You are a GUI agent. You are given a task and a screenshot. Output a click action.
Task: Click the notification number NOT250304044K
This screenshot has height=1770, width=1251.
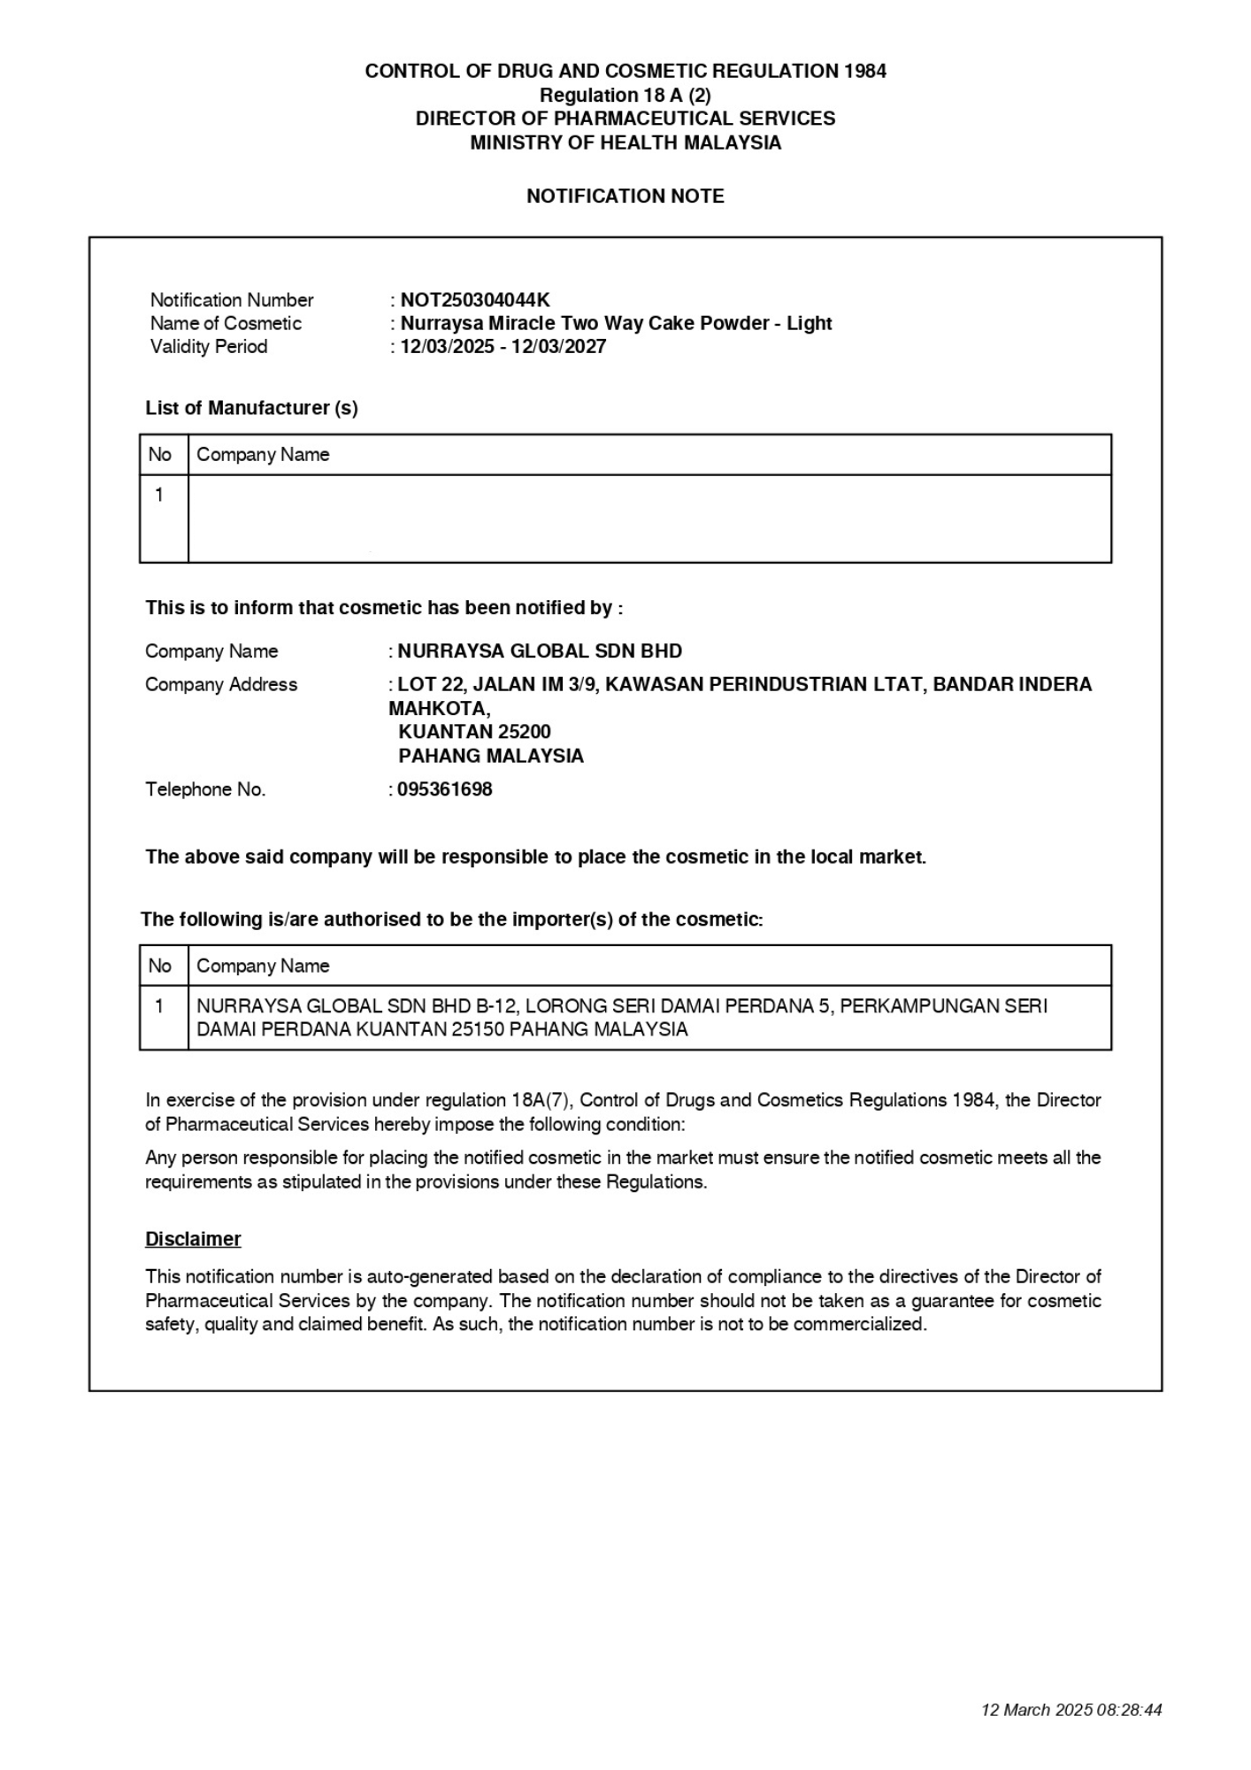(475, 300)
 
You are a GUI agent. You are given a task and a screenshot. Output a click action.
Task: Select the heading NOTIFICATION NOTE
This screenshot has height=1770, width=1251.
(625, 196)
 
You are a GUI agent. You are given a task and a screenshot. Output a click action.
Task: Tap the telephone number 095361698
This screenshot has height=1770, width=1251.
(444, 789)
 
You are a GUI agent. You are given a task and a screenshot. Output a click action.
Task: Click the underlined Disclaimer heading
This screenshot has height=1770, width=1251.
(193, 1239)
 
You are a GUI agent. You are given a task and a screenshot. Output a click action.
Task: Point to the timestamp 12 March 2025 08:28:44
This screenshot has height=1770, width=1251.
(1071, 1710)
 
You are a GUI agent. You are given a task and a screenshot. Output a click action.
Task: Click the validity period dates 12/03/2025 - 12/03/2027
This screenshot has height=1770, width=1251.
(503, 346)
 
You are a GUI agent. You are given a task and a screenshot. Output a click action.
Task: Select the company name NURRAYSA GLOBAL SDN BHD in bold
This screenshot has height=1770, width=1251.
(540, 651)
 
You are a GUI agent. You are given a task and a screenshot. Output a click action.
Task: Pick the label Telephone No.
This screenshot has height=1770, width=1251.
(205, 789)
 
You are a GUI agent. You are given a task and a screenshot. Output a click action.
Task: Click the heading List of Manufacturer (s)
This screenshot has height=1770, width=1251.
(251, 408)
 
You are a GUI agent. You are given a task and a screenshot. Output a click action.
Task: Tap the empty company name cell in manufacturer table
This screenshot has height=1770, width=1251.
(649, 519)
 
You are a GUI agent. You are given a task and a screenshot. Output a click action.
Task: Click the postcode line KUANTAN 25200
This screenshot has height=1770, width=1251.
(474, 732)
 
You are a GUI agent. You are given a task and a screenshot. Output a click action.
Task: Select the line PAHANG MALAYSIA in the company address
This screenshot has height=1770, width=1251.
(491, 756)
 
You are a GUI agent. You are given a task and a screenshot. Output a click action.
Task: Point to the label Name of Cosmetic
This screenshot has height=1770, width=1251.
(226, 323)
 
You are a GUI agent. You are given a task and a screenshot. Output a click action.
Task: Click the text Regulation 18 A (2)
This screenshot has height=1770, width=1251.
(625, 95)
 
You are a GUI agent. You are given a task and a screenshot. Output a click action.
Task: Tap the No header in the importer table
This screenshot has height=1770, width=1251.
(160, 966)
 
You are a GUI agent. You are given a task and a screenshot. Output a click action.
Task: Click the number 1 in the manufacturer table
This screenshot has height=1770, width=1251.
(159, 495)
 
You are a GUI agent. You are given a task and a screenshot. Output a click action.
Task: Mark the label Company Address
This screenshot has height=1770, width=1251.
(221, 684)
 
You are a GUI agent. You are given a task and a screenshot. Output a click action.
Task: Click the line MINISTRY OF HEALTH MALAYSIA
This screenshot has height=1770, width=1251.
(625, 142)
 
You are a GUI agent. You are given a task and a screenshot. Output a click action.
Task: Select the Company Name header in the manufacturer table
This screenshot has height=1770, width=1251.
(263, 454)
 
